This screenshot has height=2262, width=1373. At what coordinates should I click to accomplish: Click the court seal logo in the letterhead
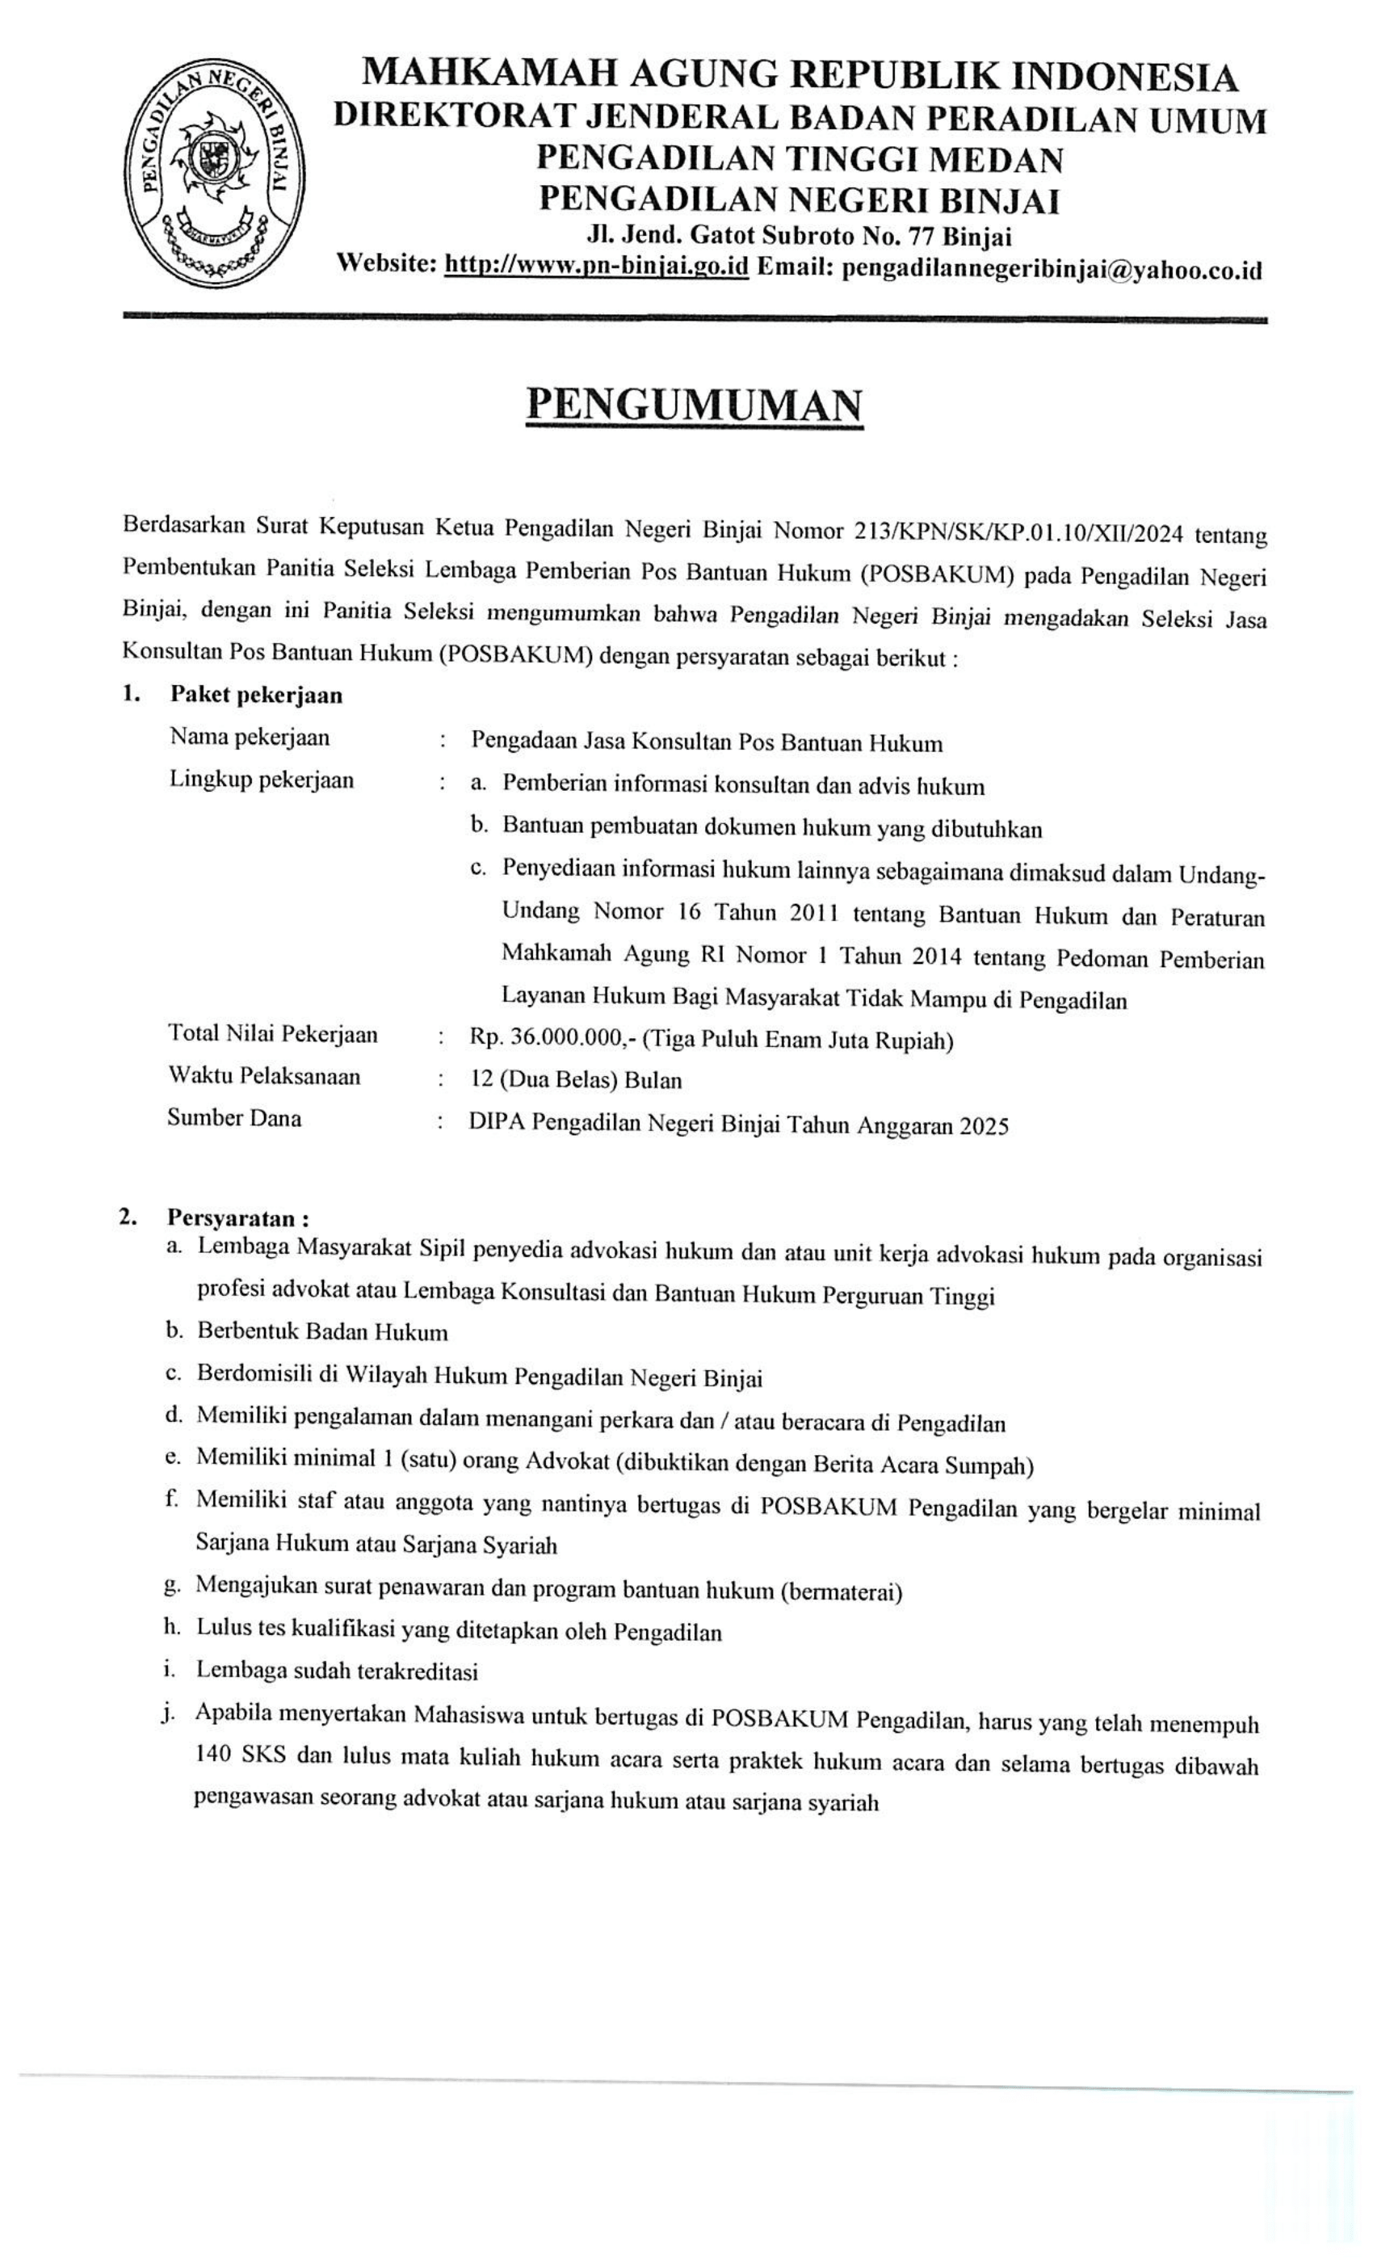(215, 174)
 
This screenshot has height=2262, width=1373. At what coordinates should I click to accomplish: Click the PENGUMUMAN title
(694, 405)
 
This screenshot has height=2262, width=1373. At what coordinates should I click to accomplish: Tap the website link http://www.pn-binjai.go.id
(597, 267)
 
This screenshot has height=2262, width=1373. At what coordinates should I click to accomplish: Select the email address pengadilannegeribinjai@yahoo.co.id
(1052, 269)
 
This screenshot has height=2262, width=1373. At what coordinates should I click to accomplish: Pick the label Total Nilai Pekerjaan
(273, 1034)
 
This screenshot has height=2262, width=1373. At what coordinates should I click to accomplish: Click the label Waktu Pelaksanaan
(264, 1076)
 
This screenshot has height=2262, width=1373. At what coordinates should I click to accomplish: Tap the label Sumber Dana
(234, 1117)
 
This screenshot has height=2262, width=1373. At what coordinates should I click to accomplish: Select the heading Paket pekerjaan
(256, 695)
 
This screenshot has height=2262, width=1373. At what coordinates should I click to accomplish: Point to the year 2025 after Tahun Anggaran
(984, 1125)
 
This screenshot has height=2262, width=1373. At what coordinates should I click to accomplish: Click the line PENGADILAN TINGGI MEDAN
(800, 160)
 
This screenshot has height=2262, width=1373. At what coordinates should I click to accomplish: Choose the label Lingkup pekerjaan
(262, 780)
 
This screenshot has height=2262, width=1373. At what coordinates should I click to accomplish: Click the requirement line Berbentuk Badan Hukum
(322, 1331)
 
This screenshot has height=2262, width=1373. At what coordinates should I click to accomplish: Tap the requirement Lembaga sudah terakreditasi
(337, 1671)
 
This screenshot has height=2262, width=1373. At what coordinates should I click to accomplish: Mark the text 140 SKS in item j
(240, 1755)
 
